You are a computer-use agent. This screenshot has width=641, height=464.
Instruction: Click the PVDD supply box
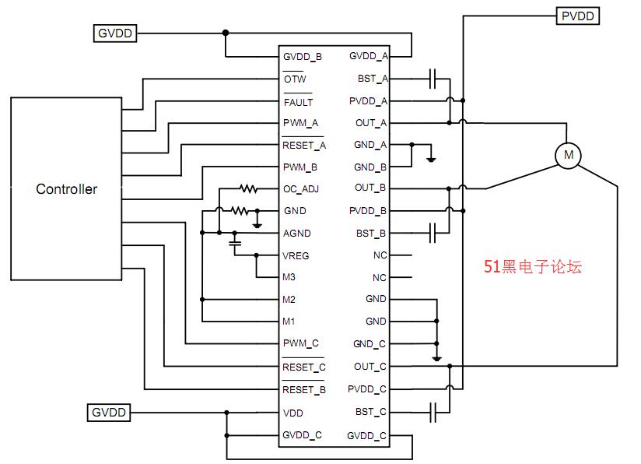(x=578, y=16)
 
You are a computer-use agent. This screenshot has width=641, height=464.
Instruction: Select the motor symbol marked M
(x=568, y=155)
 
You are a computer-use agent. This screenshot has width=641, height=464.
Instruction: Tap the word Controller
(x=67, y=189)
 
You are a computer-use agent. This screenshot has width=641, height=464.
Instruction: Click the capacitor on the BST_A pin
(x=433, y=79)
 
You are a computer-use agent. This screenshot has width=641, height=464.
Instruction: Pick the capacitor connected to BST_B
(x=433, y=233)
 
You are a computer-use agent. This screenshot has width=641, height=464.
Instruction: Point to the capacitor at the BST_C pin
(x=433, y=412)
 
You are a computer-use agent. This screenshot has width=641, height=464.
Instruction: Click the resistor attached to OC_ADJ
(x=249, y=188)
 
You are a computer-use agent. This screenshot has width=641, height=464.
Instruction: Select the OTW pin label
(x=295, y=79)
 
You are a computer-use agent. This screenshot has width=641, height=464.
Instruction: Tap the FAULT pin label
(x=298, y=101)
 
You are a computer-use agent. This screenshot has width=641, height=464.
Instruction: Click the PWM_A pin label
(x=300, y=123)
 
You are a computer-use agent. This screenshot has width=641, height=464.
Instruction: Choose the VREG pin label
(x=296, y=255)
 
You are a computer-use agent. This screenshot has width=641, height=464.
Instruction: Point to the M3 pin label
(x=289, y=277)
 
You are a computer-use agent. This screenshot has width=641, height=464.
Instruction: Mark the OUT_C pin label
(x=370, y=367)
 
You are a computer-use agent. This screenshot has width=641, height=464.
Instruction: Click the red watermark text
(x=533, y=266)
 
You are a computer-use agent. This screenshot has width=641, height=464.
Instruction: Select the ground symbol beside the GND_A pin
(x=431, y=159)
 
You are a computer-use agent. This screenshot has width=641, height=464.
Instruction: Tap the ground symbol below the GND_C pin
(x=436, y=359)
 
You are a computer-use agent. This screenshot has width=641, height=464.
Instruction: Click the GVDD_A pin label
(x=368, y=56)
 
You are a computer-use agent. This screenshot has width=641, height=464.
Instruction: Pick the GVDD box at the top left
(x=115, y=33)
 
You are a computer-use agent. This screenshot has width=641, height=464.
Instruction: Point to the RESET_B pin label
(x=303, y=389)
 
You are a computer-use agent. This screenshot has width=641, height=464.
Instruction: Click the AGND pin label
(x=297, y=234)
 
